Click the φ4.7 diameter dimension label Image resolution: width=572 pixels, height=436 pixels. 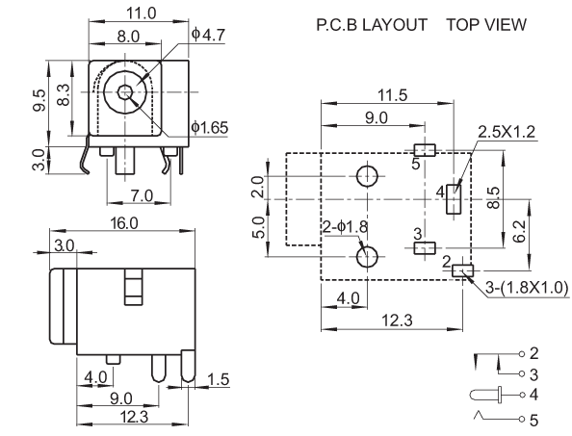pos(208,35)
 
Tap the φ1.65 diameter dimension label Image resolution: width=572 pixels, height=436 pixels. pos(210,128)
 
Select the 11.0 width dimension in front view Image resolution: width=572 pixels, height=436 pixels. pos(142,13)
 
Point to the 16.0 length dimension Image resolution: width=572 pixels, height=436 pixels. pos(124,223)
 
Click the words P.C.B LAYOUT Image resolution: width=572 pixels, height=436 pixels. pos(372,25)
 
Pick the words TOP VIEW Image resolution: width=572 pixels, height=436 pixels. pos(486,25)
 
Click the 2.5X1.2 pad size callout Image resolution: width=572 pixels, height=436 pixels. pos(507,132)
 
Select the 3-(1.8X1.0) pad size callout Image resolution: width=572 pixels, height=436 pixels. pos(527,287)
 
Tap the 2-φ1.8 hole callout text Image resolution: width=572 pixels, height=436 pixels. pos(345,227)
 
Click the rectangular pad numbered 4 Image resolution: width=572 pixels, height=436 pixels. pos(454,198)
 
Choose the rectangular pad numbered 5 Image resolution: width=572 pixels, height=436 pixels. pos(425,150)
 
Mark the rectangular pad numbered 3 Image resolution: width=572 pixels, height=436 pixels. pos(425,248)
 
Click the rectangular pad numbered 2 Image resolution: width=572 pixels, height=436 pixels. pos(462,270)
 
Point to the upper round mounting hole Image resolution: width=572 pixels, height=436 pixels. pos(367,176)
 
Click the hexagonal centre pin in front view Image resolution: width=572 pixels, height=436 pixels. pos(125,91)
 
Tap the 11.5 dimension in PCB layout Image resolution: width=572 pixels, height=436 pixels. pos(392,95)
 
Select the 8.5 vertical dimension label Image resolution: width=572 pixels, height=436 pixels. pos(494,197)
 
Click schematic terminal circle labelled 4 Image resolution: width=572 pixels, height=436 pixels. pos(522,395)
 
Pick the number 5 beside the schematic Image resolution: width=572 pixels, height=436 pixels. pos(533,421)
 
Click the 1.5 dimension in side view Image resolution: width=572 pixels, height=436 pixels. pos(219,379)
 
